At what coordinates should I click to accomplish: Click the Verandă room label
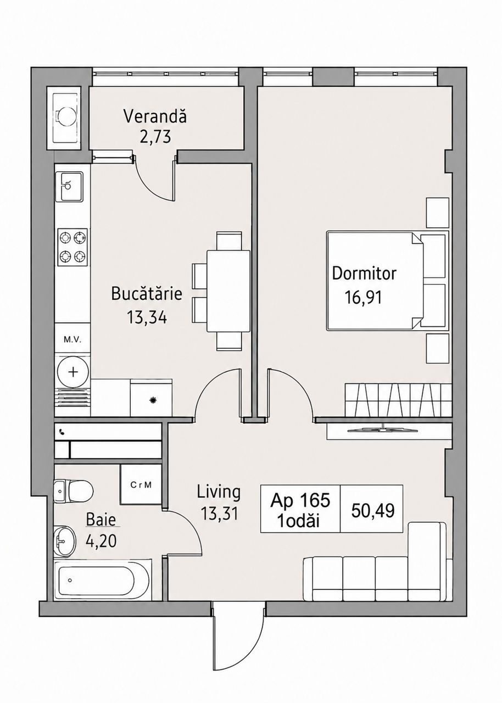155,116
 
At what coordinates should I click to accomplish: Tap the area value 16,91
364,297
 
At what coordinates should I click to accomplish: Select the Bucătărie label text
147,294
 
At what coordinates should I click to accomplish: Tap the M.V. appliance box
72,340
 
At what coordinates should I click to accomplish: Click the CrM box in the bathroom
141,485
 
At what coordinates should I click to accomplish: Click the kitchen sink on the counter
69,187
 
